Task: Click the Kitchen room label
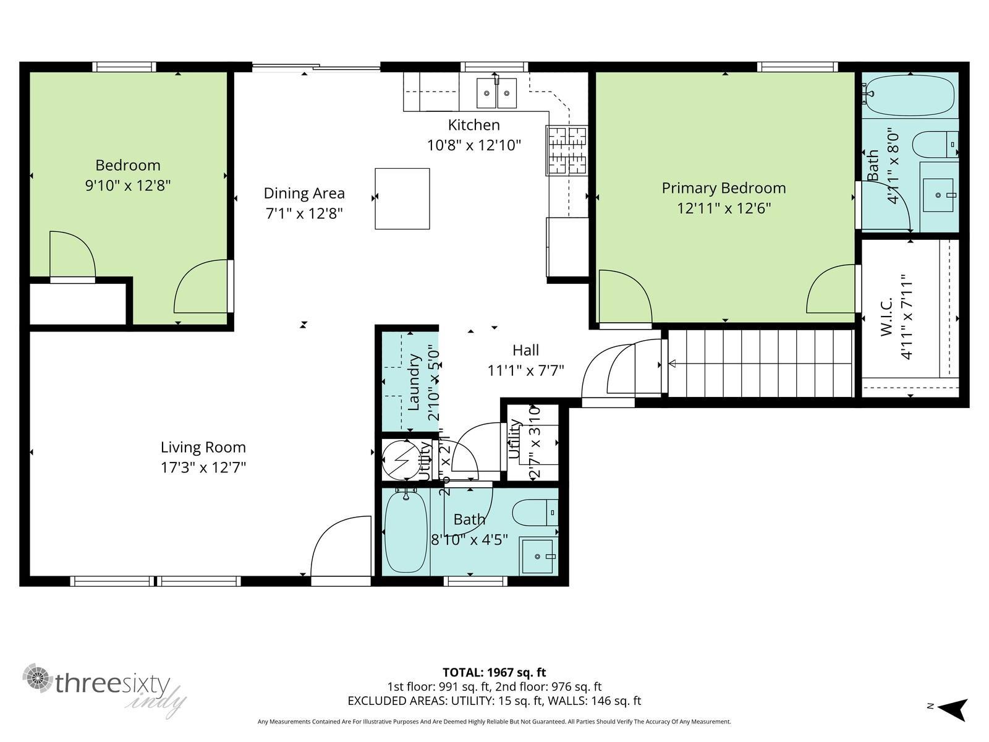click(473, 125)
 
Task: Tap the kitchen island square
click(402, 198)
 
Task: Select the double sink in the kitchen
click(496, 93)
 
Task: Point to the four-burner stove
click(566, 150)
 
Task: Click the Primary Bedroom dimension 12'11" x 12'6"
click(723, 208)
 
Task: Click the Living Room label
click(203, 447)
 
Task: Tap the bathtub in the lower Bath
click(405, 532)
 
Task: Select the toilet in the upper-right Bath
click(934, 145)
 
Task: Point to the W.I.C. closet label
click(886, 317)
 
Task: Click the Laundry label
click(415, 382)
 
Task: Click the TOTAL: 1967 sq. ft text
click(494, 672)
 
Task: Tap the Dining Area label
click(304, 193)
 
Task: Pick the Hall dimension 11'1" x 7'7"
click(525, 370)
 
